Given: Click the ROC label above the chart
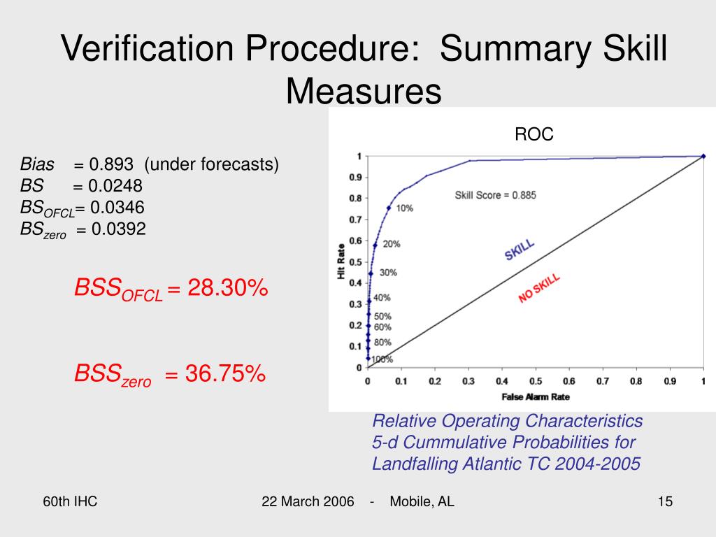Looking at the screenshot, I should tap(534, 135).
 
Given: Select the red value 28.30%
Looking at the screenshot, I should tap(227, 288).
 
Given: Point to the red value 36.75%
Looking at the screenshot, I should tap(225, 374).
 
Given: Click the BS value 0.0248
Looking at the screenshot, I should tap(115, 186).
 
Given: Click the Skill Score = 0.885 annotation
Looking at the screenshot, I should tap(495, 196).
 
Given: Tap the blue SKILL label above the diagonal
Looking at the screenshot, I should tap(520, 250).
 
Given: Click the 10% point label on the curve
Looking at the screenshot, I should tap(404, 208).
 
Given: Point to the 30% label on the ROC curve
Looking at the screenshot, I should tap(388, 273).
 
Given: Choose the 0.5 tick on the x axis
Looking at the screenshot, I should tap(535, 382).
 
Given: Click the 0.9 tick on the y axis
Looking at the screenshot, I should tap(355, 178).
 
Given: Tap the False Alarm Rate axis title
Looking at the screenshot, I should tap(536, 397).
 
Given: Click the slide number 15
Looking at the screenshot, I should tap(664, 501).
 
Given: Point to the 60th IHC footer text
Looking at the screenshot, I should tap(70, 501).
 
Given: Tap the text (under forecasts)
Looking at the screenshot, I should tap(212, 165).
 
